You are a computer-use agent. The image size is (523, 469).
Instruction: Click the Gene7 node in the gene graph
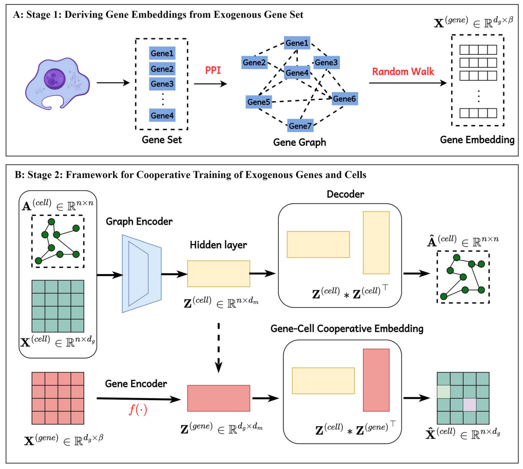(x=300, y=126)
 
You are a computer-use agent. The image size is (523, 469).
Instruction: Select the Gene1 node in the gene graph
(x=297, y=43)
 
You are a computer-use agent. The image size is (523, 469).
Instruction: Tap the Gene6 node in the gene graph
(x=345, y=99)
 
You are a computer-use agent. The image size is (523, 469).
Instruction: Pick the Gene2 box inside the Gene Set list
(x=162, y=69)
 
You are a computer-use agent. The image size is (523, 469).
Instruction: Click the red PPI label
(x=213, y=70)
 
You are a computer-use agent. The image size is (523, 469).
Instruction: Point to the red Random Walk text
(x=403, y=72)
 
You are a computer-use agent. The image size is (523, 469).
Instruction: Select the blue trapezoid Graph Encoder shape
(x=141, y=274)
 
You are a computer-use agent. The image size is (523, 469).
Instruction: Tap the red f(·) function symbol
(x=138, y=410)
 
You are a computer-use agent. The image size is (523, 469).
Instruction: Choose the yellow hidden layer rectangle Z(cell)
(x=218, y=274)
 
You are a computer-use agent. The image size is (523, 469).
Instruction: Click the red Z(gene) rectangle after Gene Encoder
(x=218, y=398)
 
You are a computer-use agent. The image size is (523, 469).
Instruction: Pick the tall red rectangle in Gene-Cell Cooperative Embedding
(x=376, y=380)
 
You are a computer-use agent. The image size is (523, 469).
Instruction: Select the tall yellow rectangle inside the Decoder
(x=376, y=243)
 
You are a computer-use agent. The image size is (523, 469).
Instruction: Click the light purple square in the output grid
(x=469, y=405)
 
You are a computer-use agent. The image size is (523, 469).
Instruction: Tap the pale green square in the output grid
(x=444, y=392)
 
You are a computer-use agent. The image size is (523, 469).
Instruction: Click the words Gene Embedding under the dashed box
(x=477, y=140)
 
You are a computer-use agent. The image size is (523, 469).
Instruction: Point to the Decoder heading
(x=345, y=194)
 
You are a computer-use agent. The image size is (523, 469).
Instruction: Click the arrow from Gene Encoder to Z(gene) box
(x=139, y=399)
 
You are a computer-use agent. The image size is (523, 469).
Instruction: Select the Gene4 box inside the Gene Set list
(x=162, y=116)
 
